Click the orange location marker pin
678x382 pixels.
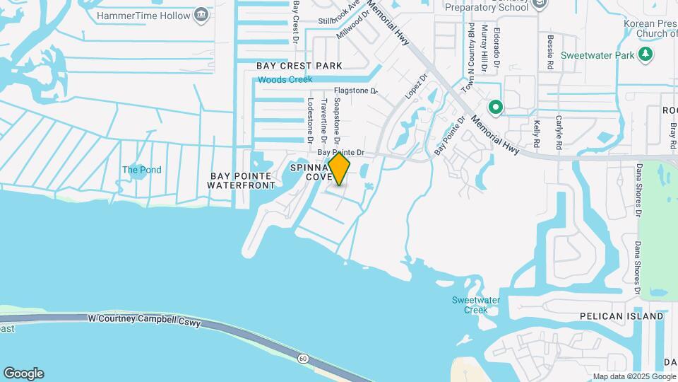(x=339, y=169)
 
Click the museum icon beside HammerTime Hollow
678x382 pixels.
(x=202, y=15)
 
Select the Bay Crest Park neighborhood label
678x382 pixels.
(x=299, y=66)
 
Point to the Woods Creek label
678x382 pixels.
(x=285, y=80)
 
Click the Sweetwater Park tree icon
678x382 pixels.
(x=645, y=54)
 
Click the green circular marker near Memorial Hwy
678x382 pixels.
(x=496, y=108)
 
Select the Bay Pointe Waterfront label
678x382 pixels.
(x=241, y=180)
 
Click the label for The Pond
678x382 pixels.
(x=142, y=170)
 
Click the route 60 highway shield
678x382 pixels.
(x=303, y=359)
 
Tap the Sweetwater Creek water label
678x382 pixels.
(x=476, y=305)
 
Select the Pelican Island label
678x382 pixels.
(x=621, y=316)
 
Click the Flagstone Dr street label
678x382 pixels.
(x=356, y=91)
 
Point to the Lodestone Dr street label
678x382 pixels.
(x=309, y=116)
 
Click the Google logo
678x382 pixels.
(x=23, y=374)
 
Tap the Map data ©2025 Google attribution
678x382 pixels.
(x=634, y=376)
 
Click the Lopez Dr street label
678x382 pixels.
(x=417, y=86)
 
